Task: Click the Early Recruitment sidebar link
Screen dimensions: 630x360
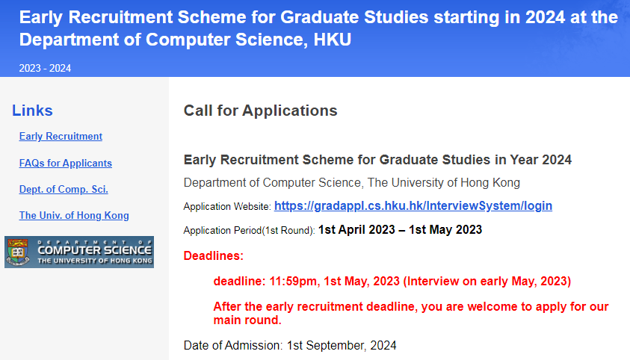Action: coord(61,137)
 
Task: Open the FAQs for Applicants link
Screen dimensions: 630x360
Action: coord(66,164)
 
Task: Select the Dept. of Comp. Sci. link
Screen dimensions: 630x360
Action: coord(64,190)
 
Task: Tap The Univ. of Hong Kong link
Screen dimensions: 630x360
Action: coord(74,216)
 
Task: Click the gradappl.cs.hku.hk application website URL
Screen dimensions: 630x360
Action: coord(413,206)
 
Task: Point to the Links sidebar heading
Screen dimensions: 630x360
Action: coord(32,111)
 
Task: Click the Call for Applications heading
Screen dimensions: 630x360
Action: coord(260,111)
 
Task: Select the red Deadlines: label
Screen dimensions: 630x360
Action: coord(213,255)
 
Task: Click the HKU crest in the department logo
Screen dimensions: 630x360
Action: coord(18,252)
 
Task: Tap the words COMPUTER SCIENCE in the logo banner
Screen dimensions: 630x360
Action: coord(94,250)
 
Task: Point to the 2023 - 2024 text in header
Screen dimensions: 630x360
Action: coord(45,68)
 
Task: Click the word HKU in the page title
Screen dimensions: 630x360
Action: coord(333,40)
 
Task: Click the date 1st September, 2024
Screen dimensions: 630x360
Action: coord(342,346)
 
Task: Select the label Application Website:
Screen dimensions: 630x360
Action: coord(227,207)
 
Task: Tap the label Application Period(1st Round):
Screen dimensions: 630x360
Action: coord(249,231)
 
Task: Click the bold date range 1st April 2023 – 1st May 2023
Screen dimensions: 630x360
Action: coord(400,229)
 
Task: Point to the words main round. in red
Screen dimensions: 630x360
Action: coord(247,320)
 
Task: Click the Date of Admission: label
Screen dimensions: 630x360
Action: coord(233,346)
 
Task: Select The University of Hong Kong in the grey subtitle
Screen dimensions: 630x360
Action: coord(444,183)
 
